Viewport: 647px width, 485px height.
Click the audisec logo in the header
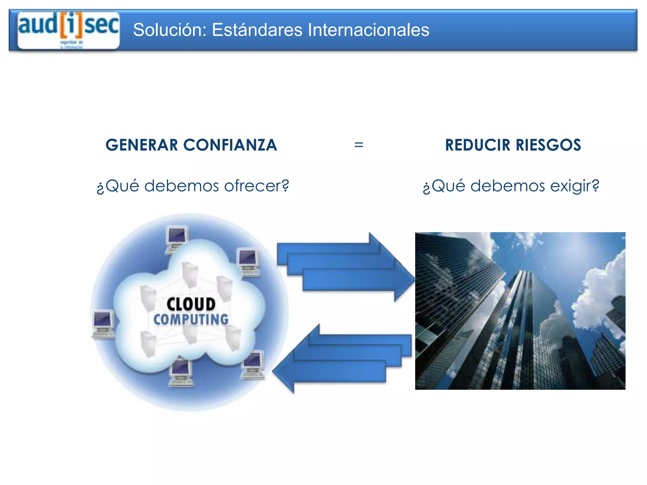click(x=69, y=30)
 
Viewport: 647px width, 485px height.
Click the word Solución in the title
click(x=169, y=30)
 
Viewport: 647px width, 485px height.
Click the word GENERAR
click(x=142, y=145)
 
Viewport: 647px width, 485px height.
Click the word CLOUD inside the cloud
click(x=191, y=304)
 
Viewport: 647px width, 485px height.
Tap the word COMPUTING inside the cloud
click(x=191, y=319)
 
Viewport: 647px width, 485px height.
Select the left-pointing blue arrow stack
click(x=343, y=358)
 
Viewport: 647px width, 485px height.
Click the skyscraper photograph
click(x=520, y=311)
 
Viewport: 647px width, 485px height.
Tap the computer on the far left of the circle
click(x=103, y=324)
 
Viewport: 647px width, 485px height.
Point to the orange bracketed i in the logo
click(x=71, y=25)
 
